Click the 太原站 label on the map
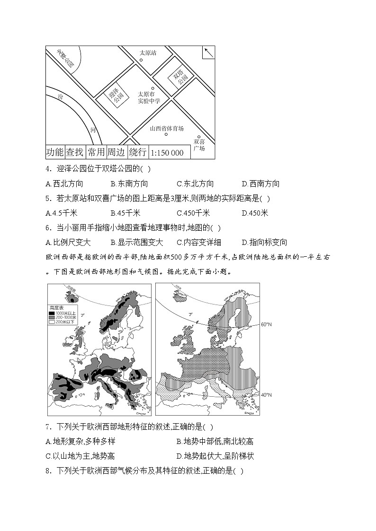pos(148,53)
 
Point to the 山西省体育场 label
pos(166,129)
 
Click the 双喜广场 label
pos(199,145)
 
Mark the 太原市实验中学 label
pos(149,97)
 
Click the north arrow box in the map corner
pos(208,52)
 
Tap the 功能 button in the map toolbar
pos(55,152)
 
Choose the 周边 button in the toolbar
pos(116,152)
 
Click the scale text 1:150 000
pos(167,153)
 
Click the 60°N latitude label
pos(266,324)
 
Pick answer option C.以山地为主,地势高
pos(80,456)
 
